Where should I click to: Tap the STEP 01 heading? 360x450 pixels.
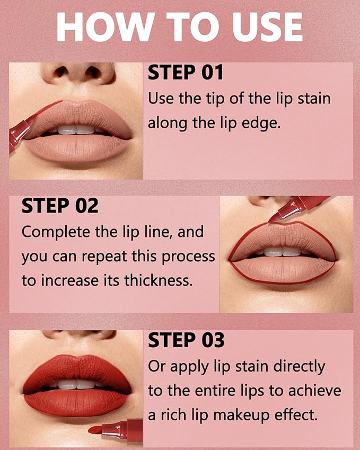coord(186,73)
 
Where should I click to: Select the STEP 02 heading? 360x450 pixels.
coord(60,206)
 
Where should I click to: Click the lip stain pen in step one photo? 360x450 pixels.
coord(19,133)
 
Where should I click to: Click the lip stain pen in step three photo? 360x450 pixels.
coord(117,426)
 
